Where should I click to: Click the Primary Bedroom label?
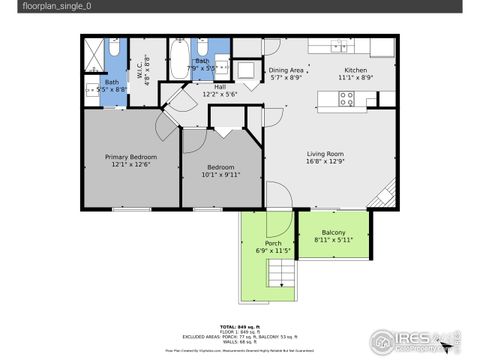131,156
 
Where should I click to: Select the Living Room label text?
331,153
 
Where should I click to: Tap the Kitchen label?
356,69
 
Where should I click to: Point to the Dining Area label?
286,69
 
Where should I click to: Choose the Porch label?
272,243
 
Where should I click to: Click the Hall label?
220,86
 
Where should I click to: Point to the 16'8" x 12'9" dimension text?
331,162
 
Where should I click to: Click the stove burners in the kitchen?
347,98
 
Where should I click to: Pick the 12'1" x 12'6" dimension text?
131,165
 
